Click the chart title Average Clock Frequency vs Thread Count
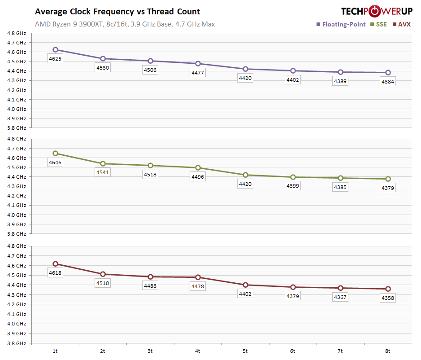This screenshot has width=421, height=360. [x=117, y=12]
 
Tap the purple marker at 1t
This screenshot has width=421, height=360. [x=55, y=50]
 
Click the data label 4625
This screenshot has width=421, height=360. [x=55, y=59]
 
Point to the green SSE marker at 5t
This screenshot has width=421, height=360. [x=245, y=175]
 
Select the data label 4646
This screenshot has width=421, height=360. [x=55, y=162]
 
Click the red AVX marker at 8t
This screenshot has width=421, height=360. [x=388, y=289]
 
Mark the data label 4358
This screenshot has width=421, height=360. [x=388, y=298]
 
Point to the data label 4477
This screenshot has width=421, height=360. [x=198, y=73]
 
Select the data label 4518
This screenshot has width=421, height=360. [x=150, y=175]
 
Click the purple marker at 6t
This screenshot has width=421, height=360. [x=293, y=70]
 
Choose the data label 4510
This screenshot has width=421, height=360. [x=103, y=283]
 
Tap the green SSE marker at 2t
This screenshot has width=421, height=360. [x=103, y=163]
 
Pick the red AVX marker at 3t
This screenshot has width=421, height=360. [x=150, y=277]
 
